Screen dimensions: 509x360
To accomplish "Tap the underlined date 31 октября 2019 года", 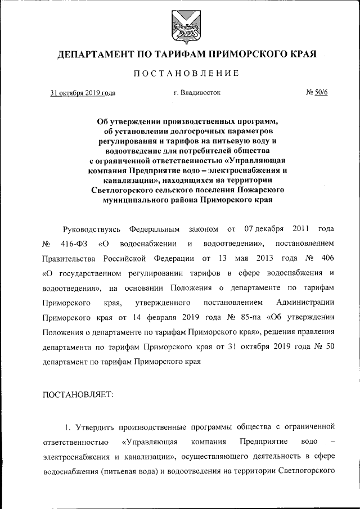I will pos(83,93).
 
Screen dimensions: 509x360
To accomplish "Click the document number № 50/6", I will pos(316,93).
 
